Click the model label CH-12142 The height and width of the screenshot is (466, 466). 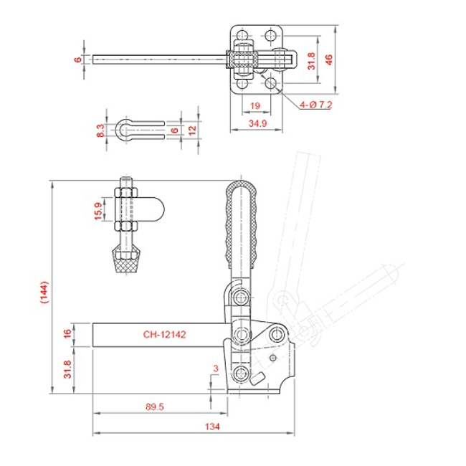click(164, 334)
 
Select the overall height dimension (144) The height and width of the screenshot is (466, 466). click(44, 292)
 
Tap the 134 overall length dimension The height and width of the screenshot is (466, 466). click(212, 427)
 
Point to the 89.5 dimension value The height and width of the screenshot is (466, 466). click(155, 406)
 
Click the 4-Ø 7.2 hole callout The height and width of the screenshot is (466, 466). click(315, 105)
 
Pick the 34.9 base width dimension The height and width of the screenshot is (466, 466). click(257, 123)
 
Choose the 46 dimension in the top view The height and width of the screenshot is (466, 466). click(328, 60)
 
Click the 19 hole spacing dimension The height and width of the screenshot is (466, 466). click(255, 105)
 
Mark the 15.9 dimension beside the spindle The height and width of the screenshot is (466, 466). click(98, 211)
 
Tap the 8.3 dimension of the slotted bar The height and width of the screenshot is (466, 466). click(101, 130)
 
